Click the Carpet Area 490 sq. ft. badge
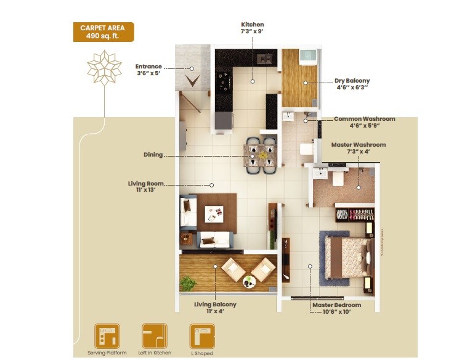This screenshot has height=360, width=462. click(x=103, y=31)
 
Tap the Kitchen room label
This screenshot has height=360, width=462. click(x=253, y=28)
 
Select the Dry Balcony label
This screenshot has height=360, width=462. click(x=352, y=84)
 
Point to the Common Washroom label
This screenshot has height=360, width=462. click(x=364, y=122)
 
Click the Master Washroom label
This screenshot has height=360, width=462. click(x=358, y=148)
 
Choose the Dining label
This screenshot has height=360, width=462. click(x=153, y=155)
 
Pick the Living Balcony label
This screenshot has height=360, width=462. click(x=215, y=308)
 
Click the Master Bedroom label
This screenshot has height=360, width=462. click(x=336, y=308)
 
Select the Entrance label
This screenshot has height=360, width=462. click(x=149, y=70)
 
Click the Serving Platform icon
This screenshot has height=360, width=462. click(x=107, y=336)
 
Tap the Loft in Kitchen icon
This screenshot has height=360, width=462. click(x=155, y=336)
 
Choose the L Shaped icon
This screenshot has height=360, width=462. click(x=202, y=336)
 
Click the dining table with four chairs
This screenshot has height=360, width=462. click(x=260, y=153)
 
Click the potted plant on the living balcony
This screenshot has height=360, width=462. click(x=188, y=283)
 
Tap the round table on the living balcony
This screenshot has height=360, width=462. click(x=249, y=282)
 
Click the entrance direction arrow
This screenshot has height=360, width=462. click(x=193, y=80)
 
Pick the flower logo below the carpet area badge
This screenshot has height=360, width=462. click(x=102, y=68)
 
